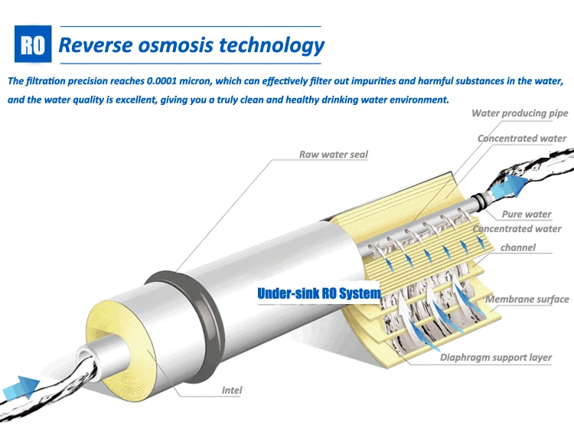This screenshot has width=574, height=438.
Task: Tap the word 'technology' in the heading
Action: click(x=272, y=45)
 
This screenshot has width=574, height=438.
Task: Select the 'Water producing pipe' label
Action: click(x=520, y=113)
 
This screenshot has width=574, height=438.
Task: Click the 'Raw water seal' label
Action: click(x=333, y=155)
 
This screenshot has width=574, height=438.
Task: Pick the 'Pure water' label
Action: click(x=527, y=214)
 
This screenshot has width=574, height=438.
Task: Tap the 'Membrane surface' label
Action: click(x=527, y=299)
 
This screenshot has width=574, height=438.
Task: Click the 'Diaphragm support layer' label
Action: click(x=495, y=358)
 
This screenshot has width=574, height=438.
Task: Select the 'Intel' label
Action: click(x=232, y=391)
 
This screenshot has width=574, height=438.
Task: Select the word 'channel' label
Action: click(x=518, y=247)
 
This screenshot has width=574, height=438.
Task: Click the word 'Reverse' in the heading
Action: click(x=90, y=45)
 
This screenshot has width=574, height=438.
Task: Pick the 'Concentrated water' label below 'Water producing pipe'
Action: click(x=522, y=139)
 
